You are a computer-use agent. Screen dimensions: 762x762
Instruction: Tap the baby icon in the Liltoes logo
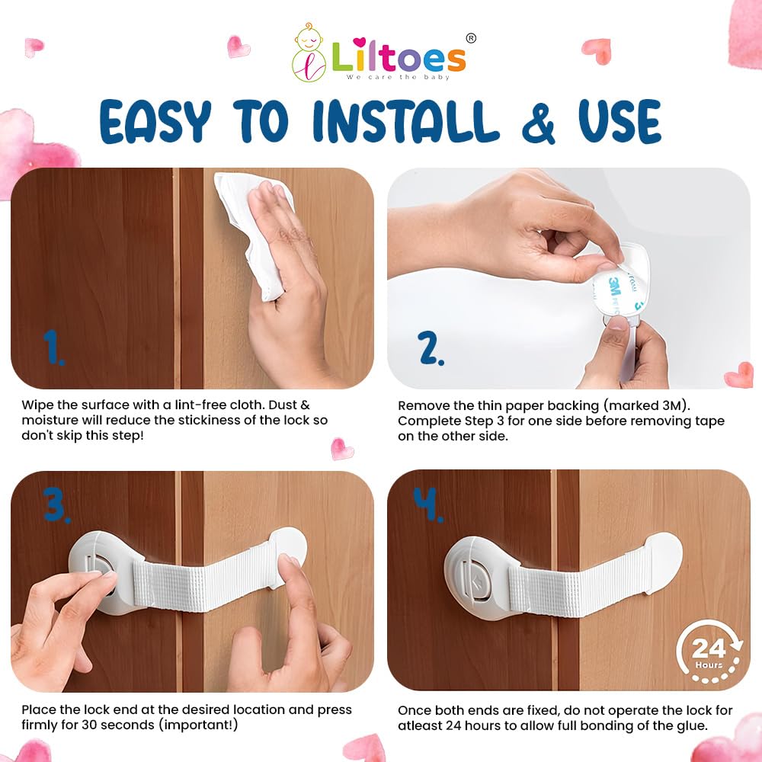[x=309, y=53]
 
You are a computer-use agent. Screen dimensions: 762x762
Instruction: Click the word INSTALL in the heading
[x=406, y=121]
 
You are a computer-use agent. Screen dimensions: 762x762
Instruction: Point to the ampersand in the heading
[x=539, y=122]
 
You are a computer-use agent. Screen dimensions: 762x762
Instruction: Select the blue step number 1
[x=53, y=347]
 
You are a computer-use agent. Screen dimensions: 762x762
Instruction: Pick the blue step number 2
[x=431, y=348]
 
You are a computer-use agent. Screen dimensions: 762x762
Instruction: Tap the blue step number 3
[x=56, y=505]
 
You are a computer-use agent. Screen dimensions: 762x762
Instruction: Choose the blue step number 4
[x=428, y=504]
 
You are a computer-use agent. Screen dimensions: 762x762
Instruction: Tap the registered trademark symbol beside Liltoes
[x=471, y=38]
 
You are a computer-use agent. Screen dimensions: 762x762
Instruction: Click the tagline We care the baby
[x=398, y=77]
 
